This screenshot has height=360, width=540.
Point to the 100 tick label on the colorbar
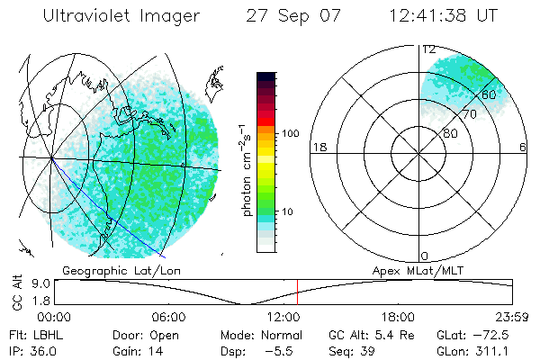pos(290,133)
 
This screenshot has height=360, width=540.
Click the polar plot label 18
pos(318,148)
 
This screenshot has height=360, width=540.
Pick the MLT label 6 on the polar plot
pos(523,148)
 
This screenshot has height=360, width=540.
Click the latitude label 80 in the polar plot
pos(450,133)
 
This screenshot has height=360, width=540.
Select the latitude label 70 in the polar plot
pos(469,114)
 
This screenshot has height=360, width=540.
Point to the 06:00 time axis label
pos(168,317)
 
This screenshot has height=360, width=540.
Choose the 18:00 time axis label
pos(398,317)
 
